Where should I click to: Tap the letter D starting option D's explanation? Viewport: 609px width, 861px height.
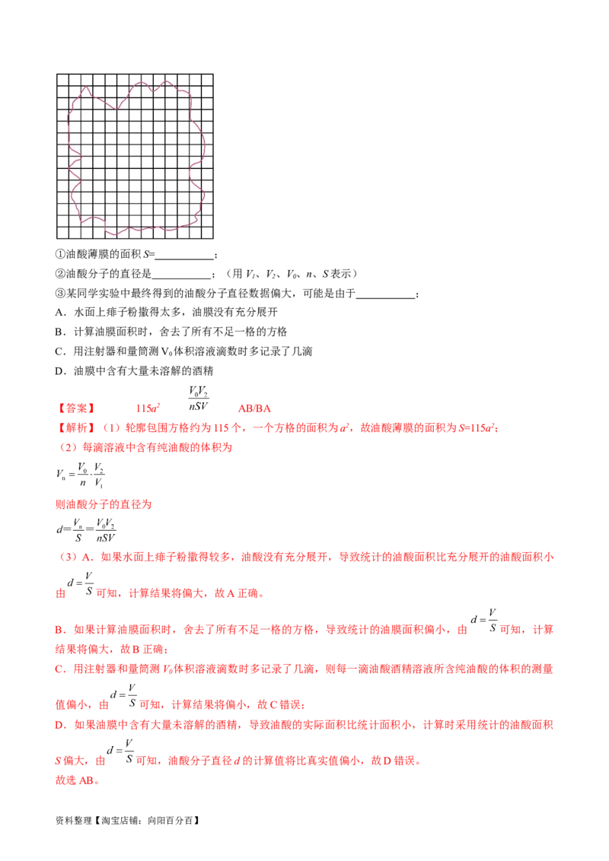pos(59,726)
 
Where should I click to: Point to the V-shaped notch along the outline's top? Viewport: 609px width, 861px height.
pos(155,90)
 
